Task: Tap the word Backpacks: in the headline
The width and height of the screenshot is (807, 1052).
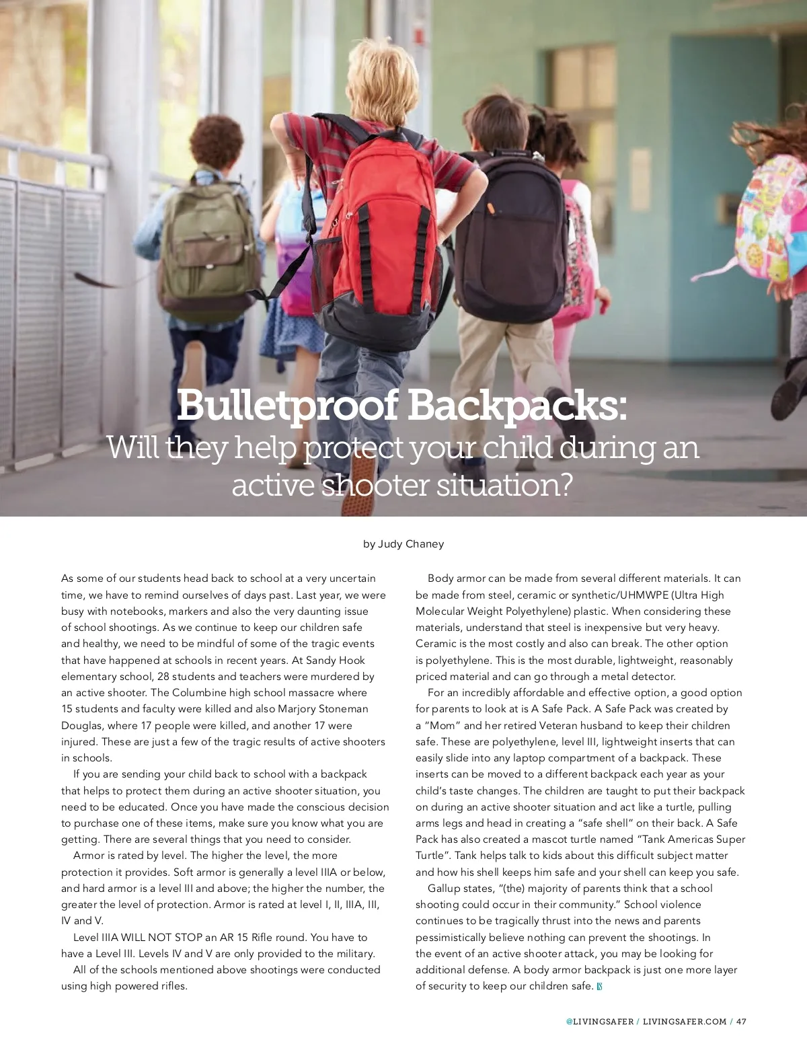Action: [517, 406]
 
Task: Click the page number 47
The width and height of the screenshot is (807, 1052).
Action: [741, 1021]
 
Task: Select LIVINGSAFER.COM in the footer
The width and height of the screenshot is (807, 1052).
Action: [685, 1021]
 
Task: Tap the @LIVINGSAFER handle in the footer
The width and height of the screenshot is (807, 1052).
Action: [599, 1021]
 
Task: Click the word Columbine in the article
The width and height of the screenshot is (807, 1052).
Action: [202, 693]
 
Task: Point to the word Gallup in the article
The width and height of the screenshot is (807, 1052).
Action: [445, 889]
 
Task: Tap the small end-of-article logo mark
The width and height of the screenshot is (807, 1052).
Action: [599, 987]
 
